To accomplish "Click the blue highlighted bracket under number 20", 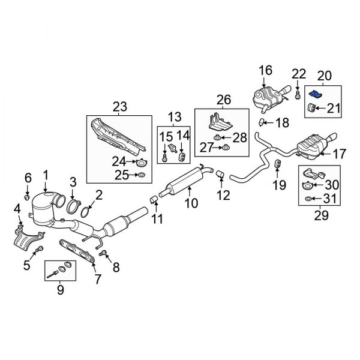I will point(316,94).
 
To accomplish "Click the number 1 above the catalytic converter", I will point(45,175).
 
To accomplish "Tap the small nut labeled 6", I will point(28,196).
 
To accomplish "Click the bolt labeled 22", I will point(298,94).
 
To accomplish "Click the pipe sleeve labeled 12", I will point(220,173).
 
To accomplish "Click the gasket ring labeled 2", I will point(86,211).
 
